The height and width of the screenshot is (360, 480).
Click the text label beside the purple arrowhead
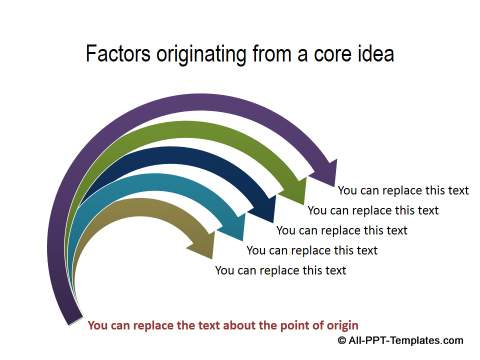402,190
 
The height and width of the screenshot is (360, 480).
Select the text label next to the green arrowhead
372,210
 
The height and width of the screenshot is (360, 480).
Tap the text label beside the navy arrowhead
341,230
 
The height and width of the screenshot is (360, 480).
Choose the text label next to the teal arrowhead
311,250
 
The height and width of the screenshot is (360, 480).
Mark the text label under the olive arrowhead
280,270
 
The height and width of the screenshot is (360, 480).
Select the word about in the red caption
222,325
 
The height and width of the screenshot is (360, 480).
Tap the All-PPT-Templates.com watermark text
410,341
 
